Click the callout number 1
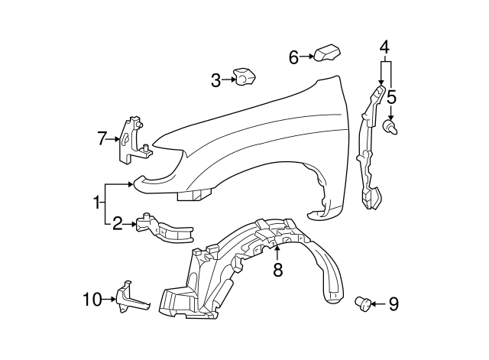(97, 203)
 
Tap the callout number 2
(118, 224)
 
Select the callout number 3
(215, 79)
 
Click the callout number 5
(391, 97)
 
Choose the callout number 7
(102, 138)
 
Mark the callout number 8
(278, 268)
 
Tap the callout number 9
(393, 305)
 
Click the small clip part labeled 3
(245, 77)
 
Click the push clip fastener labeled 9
(364, 305)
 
